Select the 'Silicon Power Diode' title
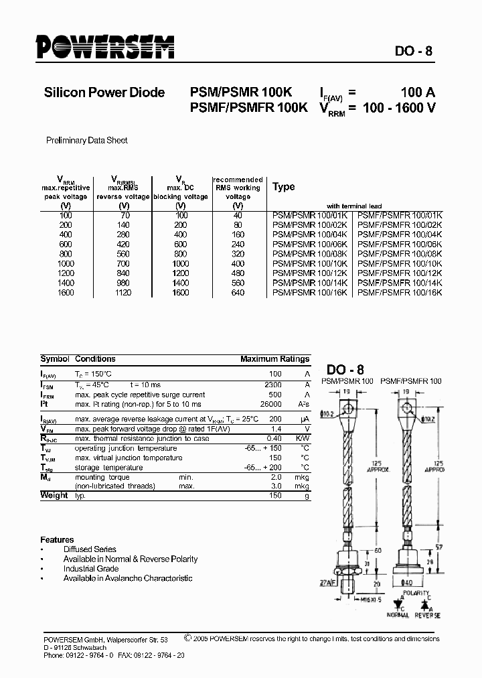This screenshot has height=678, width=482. click(104, 92)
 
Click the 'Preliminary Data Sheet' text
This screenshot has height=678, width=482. click(86, 141)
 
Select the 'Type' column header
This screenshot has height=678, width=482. click(284, 187)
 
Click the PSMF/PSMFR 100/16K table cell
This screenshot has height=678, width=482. click(400, 293)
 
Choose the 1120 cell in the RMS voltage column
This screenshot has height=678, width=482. click(123, 293)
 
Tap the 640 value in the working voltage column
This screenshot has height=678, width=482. click(238, 293)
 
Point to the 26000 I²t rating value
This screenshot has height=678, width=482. click(270, 405)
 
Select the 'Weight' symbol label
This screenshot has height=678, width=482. click(54, 495)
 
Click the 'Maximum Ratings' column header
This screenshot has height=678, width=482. click(274, 359)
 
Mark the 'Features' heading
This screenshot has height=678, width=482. click(57, 539)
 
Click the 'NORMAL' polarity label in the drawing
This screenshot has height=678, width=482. click(397, 615)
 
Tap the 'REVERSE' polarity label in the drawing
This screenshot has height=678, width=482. click(427, 615)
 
